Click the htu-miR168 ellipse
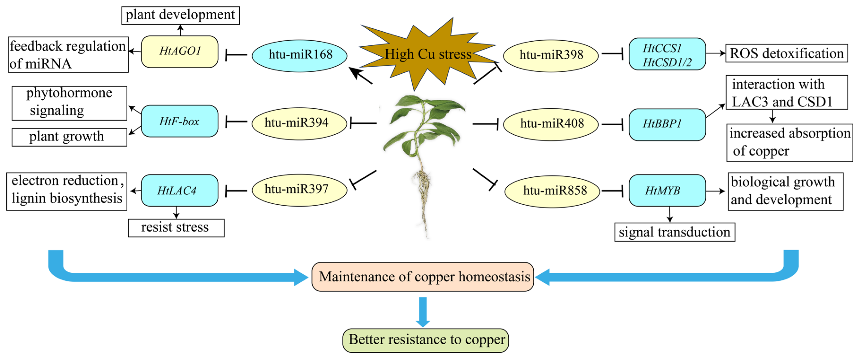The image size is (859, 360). click(x=299, y=55)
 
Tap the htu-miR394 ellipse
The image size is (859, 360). click(x=299, y=123)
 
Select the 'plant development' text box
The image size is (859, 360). click(x=180, y=15)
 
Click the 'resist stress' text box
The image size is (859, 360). click(x=176, y=228)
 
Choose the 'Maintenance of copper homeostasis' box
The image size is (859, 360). click(x=423, y=277)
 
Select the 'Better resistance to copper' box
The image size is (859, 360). click(x=426, y=340)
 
